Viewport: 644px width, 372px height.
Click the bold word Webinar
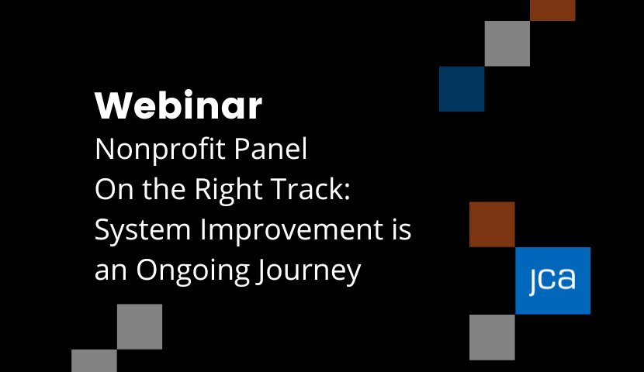point(178,105)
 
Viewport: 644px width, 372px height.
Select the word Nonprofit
point(160,150)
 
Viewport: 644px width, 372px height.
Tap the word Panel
point(271,149)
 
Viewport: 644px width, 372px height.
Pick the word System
point(143,230)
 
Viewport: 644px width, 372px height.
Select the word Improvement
point(292,230)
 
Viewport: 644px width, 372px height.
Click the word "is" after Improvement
point(401,229)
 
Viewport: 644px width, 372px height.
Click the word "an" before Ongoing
point(111,272)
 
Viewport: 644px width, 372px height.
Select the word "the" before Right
point(164,188)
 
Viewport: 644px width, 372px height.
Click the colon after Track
point(347,192)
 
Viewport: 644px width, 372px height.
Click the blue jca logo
point(552,281)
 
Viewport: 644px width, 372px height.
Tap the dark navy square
point(462,89)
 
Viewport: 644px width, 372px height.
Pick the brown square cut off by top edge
point(552,10)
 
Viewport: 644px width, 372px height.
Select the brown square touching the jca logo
point(492,224)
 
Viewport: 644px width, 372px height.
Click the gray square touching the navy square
point(507,43)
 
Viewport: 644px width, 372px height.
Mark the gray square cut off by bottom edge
point(94,360)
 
